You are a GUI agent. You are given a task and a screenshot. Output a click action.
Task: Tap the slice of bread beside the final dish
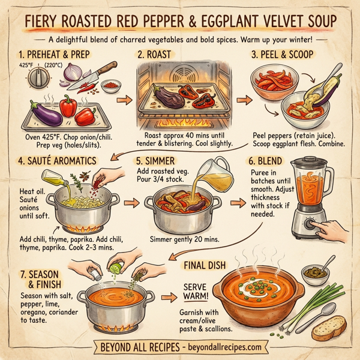pyautogui.click(x=328, y=326)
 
